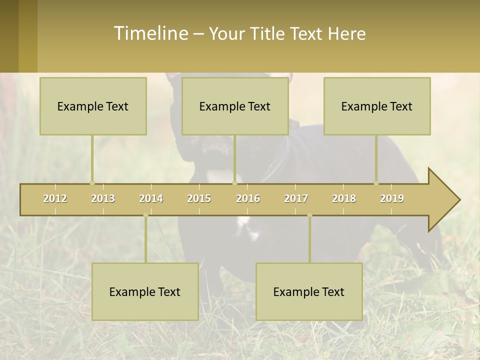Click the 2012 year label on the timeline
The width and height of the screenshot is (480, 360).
pyautogui.click(x=55, y=198)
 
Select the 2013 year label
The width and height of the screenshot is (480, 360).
pyautogui.click(x=103, y=198)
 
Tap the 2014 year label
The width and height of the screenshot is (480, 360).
pyautogui.click(x=151, y=198)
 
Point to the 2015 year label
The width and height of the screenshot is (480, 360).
pyautogui.click(x=199, y=198)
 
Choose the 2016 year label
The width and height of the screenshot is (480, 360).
pyautogui.click(x=248, y=198)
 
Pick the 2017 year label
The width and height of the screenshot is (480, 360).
pyautogui.click(x=296, y=198)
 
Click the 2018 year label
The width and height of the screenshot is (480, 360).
pyautogui.click(x=344, y=198)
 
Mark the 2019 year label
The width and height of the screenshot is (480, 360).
pyautogui.click(x=392, y=198)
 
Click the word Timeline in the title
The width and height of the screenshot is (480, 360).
pyautogui.click(x=150, y=33)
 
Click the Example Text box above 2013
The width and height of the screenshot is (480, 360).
pyautogui.click(x=93, y=106)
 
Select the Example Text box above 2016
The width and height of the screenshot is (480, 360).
pyautogui.click(x=235, y=106)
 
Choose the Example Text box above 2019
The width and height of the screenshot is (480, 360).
pyautogui.click(x=377, y=106)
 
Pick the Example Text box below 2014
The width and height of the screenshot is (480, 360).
pyautogui.click(x=145, y=291)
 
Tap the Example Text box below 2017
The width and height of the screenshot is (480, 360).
pyautogui.click(x=309, y=291)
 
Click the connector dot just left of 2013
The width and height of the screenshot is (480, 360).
pyautogui.click(x=92, y=183)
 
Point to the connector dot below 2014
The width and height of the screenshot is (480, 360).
pyautogui.click(x=145, y=215)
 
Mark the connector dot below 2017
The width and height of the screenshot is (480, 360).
pyautogui.click(x=309, y=215)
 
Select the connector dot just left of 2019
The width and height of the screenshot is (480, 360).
pyautogui.click(x=376, y=183)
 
